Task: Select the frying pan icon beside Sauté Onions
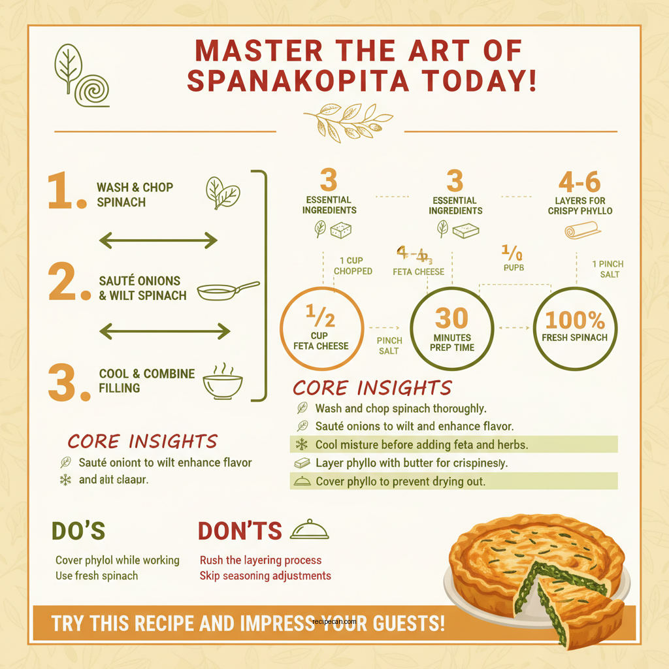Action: (x=227, y=290)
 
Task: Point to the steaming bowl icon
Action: (x=223, y=382)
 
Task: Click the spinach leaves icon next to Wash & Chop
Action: (x=223, y=193)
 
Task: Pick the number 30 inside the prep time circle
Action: (x=451, y=319)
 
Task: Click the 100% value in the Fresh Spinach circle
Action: (x=575, y=320)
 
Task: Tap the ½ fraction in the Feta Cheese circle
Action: (x=321, y=317)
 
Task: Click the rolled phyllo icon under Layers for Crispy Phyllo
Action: (x=581, y=230)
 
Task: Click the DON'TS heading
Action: (x=240, y=531)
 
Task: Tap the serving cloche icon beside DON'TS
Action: (x=309, y=529)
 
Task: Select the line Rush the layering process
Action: (x=261, y=561)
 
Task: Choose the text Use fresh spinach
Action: (x=97, y=576)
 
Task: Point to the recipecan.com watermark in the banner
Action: (x=334, y=622)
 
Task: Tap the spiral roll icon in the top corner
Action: (x=91, y=90)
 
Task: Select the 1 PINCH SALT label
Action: (x=608, y=269)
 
